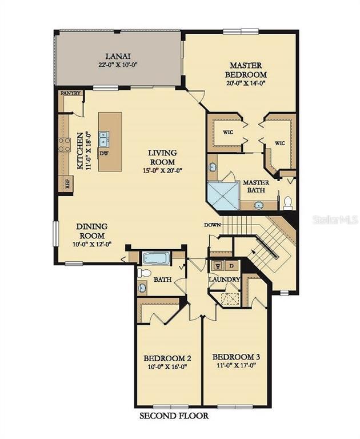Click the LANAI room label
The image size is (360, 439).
[x=118, y=56]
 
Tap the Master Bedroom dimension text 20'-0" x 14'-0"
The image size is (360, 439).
[x=246, y=83]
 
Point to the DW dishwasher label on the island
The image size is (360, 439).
[x=103, y=153]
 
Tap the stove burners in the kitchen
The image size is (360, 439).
[x=63, y=144]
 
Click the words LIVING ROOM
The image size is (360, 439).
[x=162, y=157]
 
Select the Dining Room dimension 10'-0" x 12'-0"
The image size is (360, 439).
[x=91, y=244]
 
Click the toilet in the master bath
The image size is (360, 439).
[x=287, y=202]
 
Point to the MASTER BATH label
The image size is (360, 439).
[x=255, y=186]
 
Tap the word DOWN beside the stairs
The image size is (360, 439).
[x=212, y=225]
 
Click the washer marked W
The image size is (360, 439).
[x=217, y=265]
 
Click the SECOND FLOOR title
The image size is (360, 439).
[x=174, y=416]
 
